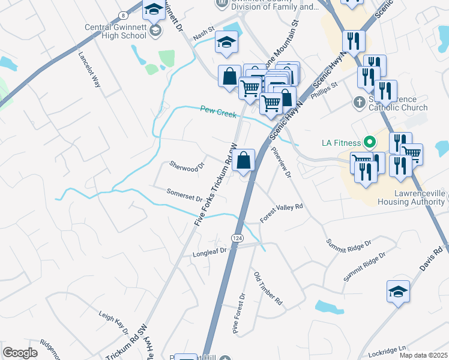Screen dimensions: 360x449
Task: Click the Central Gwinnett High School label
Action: click(x=115, y=31)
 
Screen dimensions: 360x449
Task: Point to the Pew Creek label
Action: click(x=218, y=111)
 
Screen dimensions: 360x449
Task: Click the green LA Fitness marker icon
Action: click(x=370, y=143)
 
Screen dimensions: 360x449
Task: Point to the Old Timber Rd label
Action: click(x=268, y=289)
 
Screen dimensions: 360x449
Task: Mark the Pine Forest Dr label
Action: click(x=239, y=313)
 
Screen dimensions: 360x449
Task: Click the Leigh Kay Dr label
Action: click(x=113, y=322)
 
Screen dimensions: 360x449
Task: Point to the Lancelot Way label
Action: click(x=89, y=68)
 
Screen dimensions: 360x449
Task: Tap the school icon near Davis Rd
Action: click(x=398, y=292)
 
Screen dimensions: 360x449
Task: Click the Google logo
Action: click(x=20, y=353)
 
